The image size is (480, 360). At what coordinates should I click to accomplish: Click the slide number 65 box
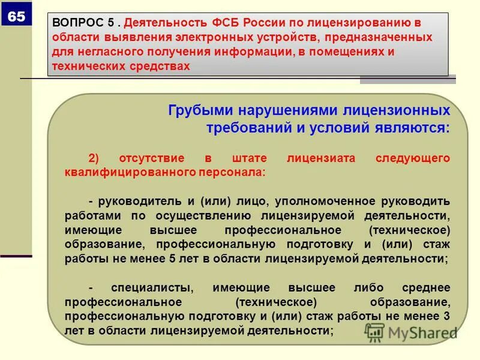tap(16, 17)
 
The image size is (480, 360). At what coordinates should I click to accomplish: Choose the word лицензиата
tap(313, 158)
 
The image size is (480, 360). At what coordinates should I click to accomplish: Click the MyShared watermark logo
tap(411, 332)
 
